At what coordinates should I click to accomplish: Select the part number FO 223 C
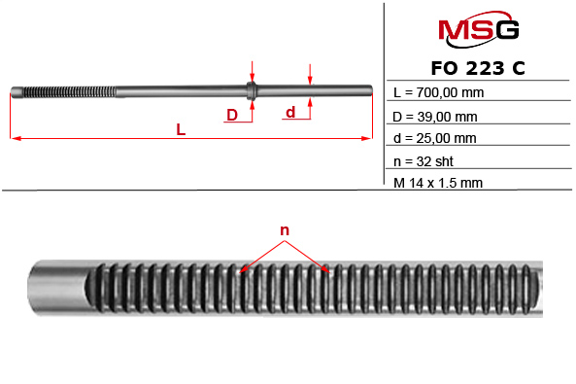[x=478, y=69]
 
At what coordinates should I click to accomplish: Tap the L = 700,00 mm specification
[x=438, y=93]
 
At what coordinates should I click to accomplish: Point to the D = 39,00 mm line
[x=435, y=116]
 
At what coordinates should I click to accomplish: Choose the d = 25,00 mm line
[x=435, y=138]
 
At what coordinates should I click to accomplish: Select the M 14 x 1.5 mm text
[x=439, y=182]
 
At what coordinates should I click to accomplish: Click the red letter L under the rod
[x=182, y=129]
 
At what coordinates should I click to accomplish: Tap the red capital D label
[x=231, y=116]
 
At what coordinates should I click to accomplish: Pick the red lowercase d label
[x=290, y=113]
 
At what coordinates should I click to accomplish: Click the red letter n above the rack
[x=286, y=230]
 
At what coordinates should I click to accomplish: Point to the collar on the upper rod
[x=252, y=92]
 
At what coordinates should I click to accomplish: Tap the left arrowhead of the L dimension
[x=14, y=139]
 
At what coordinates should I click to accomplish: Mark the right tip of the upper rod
[x=371, y=92]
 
